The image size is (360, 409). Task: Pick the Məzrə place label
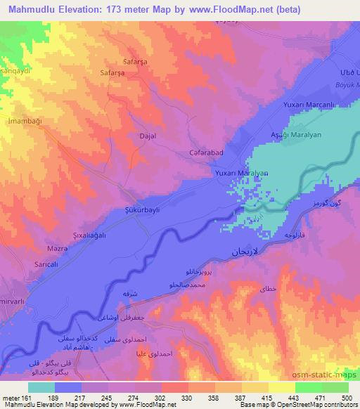37,249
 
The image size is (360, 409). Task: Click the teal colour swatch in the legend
41,387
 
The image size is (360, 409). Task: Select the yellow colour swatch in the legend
282,387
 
